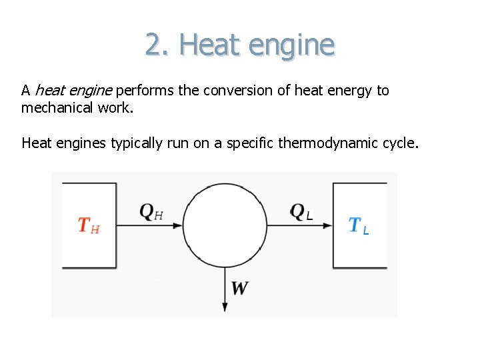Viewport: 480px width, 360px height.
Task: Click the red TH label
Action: click(x=89, y=225)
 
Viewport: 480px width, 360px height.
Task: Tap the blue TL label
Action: click(x=359, y=226)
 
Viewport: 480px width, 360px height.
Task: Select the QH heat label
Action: click(x=151, y=212)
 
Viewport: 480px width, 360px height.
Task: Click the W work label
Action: click(x=239, y=289)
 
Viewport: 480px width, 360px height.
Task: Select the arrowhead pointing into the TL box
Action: click(x=327, y=225)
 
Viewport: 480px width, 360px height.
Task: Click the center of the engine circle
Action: click(x=225, y=225)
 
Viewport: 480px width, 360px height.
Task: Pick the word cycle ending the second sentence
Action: click(x=399, y=143)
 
